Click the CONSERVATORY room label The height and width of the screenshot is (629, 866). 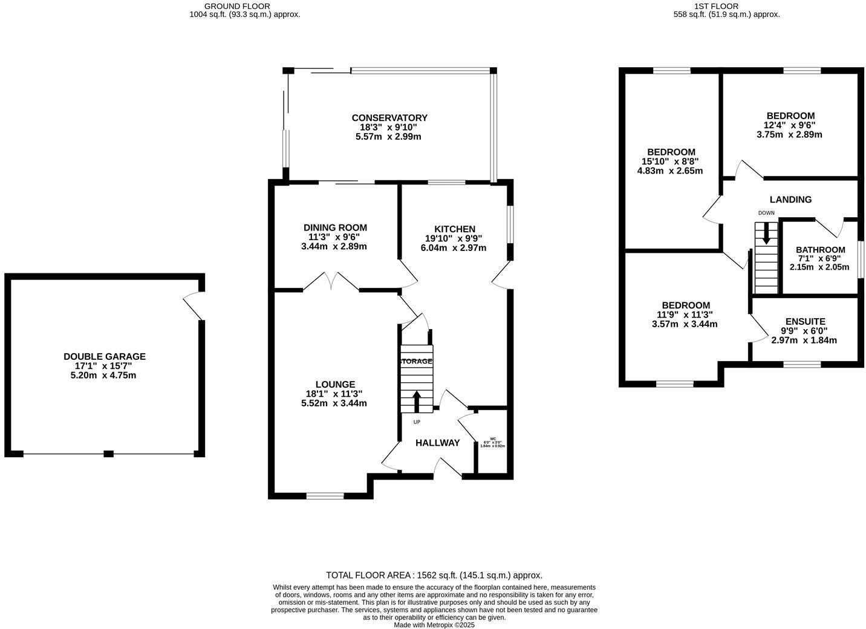tap(389, 118)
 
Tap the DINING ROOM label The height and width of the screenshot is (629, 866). tap(335, 227)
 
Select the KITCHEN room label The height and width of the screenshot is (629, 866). tap(455, 229)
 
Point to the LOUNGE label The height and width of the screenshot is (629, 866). tap(335, 384)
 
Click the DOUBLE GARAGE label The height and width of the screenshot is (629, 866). tap(105, 357)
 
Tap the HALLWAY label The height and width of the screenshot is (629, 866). tap(437, 443)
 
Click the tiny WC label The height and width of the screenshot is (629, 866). tap(492, 439)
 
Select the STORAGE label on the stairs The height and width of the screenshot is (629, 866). tap(416, 361)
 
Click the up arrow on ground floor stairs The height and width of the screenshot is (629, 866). tap(417, 401)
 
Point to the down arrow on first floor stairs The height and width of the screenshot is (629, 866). tap(766, 233)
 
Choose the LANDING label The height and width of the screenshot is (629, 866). tap(790, 200)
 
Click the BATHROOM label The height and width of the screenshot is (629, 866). tap(820, 250)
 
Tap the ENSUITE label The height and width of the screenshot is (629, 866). tap(805, 322)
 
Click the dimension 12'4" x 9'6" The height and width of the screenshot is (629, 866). tap(790, 125)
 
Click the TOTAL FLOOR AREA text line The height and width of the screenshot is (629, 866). tap(434, 575)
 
